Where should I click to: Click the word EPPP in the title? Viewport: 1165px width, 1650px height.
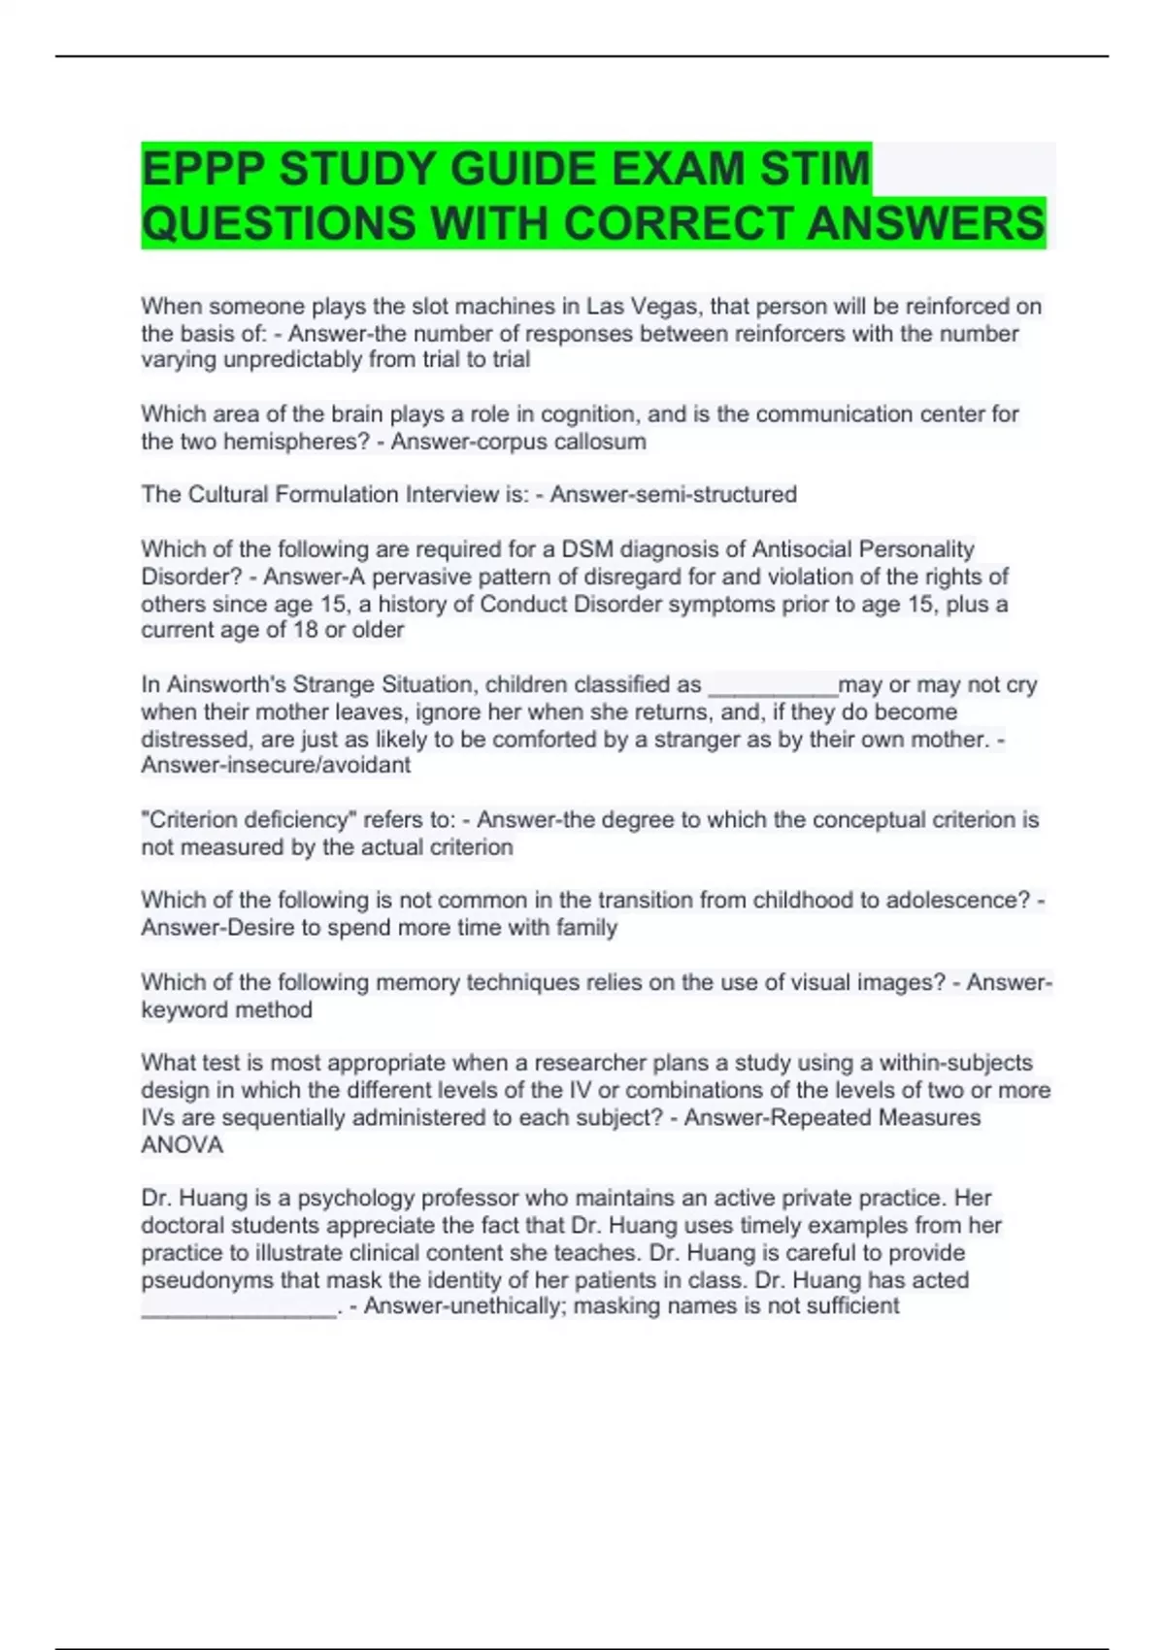(x=203, y=169)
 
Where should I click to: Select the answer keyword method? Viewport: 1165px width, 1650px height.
(x=227, y=1010)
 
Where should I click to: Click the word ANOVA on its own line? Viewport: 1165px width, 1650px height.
(x=183, y=1145)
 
